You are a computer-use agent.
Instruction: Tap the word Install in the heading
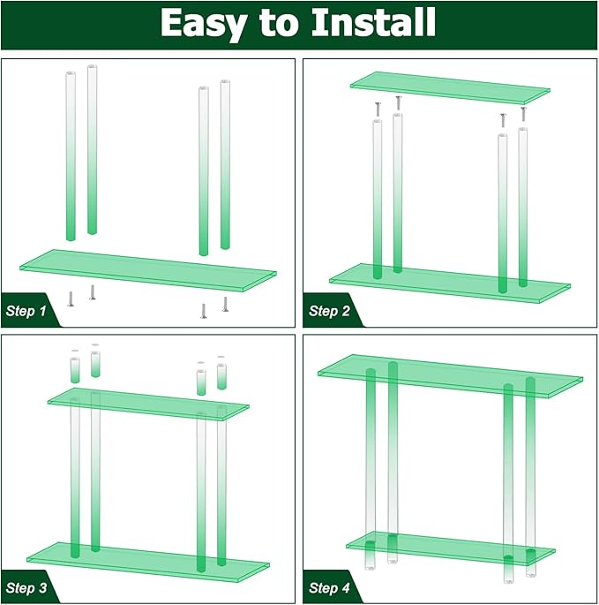tap(373, 22)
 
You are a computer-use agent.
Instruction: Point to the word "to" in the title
tap(278, 23)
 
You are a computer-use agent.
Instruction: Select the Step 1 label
tap(26, 311)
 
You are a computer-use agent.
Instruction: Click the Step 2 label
tap(329, 311)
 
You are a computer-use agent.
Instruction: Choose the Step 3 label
tap(26, 588)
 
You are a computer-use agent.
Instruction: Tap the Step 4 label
tap(329, 588)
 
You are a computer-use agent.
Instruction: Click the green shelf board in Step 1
tap(148, 270)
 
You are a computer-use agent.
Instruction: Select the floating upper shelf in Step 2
tap(450, 87)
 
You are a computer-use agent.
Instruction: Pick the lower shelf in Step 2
tap(450, 284)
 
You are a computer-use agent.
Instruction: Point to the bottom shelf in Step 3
tap(148, 562)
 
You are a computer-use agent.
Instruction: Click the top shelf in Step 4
tap(450, 376)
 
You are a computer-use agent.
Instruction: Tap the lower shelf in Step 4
tap(451, 548)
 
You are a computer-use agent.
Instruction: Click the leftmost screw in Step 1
tap(71, 299)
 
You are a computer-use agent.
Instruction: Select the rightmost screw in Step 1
tap(226, 304)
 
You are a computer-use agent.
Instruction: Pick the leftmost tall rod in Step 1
tap(71, 156)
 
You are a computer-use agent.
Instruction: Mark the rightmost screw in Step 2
tap(523, 114)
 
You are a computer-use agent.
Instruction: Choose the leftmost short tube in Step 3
tap(75, 370)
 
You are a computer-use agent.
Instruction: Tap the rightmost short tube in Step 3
tap(221, 376)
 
